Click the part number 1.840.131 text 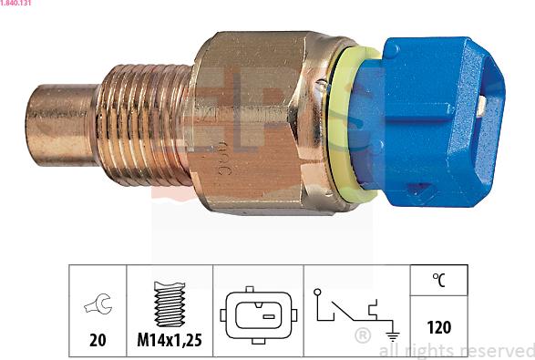pos(15,3)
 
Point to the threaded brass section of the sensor pos(143,125)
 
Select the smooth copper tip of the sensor pos(62,125)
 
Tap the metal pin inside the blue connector pos(481,105)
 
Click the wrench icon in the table pos(98,303)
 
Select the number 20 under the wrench pos(98,340)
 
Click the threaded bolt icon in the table pos(170,303)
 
